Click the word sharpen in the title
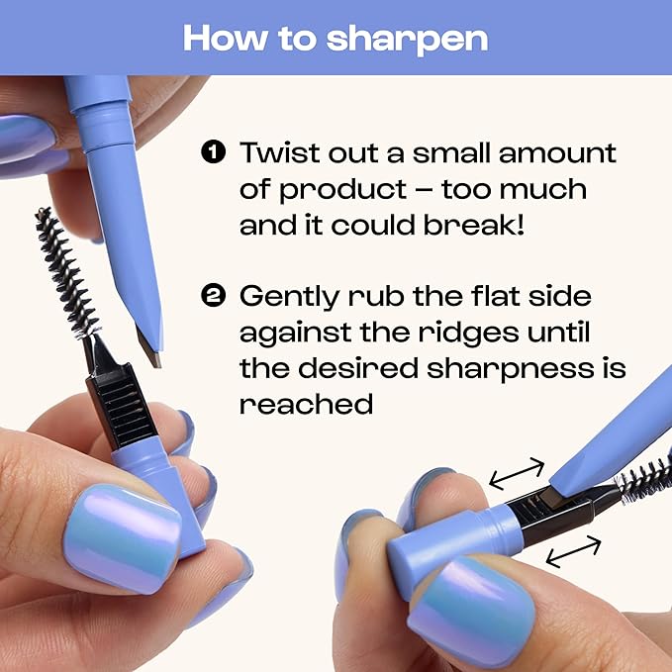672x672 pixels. click(407, 41)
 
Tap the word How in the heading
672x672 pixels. click(225, 39)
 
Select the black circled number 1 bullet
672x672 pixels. click(213, 152)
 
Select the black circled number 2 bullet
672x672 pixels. click(213, 296)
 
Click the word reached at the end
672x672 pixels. click(306, 403)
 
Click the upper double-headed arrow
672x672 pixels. click(517, 473)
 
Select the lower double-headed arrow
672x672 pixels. click(573, 551)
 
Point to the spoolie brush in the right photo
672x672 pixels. click(643, 477)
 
